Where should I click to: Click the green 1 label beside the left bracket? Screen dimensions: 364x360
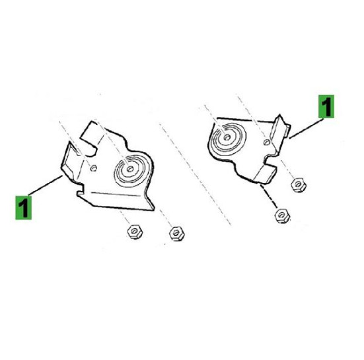[x=23, y=207]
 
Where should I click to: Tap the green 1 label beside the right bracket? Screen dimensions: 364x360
[x=326, y=106]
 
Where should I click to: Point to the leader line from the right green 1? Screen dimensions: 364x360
[x=307, y=128]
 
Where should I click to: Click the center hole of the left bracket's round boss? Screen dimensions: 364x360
[x=130, y=168]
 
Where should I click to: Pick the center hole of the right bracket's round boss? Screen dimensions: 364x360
[x=227, y=137]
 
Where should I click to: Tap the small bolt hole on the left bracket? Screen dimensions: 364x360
[x=94, y=168]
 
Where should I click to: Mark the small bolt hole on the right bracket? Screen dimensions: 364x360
[x=267, y=142]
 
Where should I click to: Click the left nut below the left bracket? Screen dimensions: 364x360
[x=135, y=231]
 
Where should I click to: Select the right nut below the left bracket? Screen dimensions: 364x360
[x=176, y=233]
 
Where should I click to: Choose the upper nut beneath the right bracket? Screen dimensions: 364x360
[x=299, y=185]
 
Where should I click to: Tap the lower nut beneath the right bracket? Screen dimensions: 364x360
[x=282, y=215]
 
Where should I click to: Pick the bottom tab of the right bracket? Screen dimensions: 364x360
[x=266, y=173]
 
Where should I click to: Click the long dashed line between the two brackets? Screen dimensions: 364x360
[x=195, y=174]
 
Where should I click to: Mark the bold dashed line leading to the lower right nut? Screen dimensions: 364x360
[x=269, y=196]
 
